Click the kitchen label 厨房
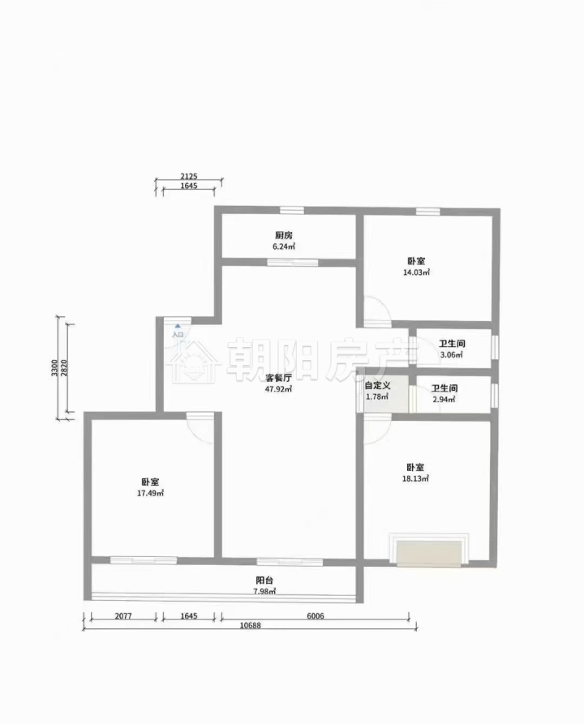tap(284, 235)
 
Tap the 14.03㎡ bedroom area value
tap(417, 272)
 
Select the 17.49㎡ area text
tap(151, 493)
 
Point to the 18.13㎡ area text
tap(415, 479)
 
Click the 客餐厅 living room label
tap(278, 378)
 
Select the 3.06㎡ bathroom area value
tap(452, 355)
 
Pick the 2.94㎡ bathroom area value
tap(444, 400)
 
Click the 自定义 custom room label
tap(377, 386)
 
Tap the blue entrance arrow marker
tap(178, 326)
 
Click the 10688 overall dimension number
tap(251, 626)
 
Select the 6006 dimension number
tap(315, 616)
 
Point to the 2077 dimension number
tap(123, 616)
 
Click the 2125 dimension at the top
tap(189, 177)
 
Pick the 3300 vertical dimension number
tap(54, 368)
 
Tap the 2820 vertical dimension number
tap(64, 368)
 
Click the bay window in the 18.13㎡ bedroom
tap(429, 550)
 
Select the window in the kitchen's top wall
tap(292, 211)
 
